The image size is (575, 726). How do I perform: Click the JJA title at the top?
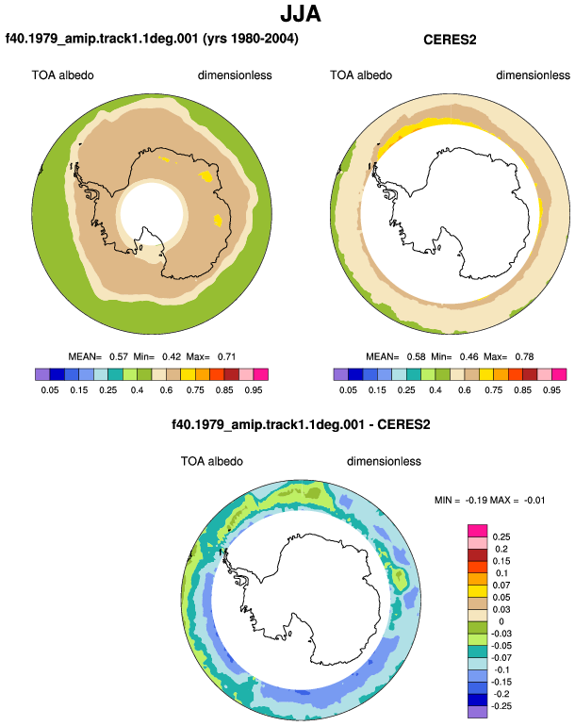301,14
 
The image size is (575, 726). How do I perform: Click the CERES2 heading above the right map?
450,40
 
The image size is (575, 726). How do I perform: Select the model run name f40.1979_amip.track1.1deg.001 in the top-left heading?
102,38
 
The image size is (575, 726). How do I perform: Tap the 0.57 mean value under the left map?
119,356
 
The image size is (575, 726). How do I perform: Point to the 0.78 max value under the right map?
524,356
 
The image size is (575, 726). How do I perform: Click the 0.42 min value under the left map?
172,356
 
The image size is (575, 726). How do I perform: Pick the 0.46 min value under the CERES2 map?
469,356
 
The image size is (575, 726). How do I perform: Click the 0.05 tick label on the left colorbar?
50,389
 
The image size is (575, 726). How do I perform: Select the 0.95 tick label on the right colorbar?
551,389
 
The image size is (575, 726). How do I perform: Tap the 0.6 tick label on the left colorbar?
166,389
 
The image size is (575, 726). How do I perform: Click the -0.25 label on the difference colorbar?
501,706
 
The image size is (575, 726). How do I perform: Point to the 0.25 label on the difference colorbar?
501,537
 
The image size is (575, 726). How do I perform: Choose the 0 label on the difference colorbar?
501,621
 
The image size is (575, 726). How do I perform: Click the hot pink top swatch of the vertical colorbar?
477,531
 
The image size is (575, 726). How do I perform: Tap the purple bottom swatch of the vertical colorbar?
477,712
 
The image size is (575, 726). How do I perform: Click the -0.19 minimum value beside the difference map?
476,500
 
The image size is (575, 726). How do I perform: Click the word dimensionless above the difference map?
384,461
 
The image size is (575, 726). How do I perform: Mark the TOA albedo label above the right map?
361,75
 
